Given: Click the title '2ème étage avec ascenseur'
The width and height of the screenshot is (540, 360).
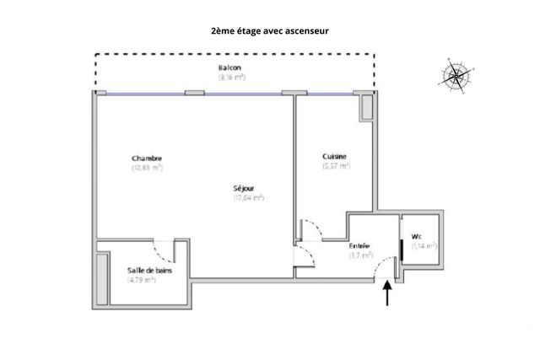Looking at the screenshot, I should (x=269, y=30).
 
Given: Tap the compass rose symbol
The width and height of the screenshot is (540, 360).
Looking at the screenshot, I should (x=456, y=76).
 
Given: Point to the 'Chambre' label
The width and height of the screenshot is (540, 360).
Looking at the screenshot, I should (x=147, y=159).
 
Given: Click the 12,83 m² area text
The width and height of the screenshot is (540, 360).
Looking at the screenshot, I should (x=147, y=168).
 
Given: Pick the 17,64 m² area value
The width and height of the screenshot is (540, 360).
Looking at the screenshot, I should (x=249, y=198).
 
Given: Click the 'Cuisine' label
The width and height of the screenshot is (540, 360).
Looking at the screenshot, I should (x=335, y=157).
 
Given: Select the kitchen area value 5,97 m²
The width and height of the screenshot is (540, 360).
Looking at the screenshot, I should (x=336, y=166).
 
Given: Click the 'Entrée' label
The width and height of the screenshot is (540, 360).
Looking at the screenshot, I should (x=359, y=245).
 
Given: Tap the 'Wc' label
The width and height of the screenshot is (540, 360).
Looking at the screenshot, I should (x=416, y=236).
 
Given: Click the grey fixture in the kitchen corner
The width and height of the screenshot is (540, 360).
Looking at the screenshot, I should (x=366, y=107).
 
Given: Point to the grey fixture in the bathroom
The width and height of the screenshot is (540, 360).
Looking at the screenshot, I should (x=102, y=277).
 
